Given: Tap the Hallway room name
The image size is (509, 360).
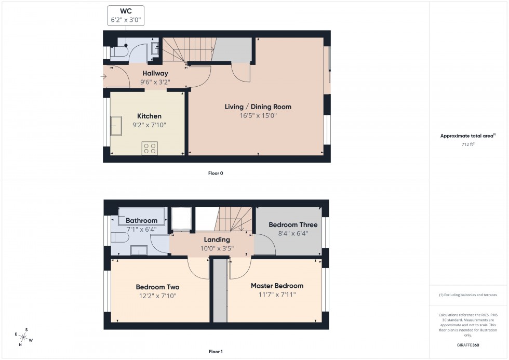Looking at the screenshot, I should [x=155, y=74].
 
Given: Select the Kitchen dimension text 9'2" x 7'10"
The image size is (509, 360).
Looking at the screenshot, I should [x=149, y=125].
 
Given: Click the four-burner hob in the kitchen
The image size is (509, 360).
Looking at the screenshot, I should [x=150, y=148].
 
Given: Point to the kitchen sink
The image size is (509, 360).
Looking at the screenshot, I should [x=115, y=125].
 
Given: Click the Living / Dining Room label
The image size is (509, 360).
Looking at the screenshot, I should [x=258, y=106].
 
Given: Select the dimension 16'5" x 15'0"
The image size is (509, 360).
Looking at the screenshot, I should [x=258, y=116].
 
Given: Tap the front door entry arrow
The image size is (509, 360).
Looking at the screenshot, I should [x=104, y=77].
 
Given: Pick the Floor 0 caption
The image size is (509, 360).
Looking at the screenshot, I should [x=215, y=173].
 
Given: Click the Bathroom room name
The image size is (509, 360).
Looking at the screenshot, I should [x=141, y=221].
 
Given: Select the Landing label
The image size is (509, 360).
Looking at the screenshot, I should [x=217, y=239].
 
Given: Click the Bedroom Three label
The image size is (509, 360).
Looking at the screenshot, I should [x=293, y=225].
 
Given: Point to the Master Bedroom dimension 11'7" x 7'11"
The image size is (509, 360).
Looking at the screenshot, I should [x=277, y=295].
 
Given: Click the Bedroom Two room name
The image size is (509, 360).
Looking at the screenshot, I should [x=157, y=287].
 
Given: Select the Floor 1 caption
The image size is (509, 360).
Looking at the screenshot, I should [x=216, y=352].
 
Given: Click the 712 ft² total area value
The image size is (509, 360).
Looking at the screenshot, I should [x=468, y=144].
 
